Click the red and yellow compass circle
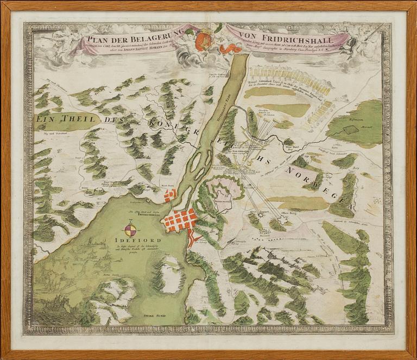tap(132, 228)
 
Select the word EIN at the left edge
tap(43, 118)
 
